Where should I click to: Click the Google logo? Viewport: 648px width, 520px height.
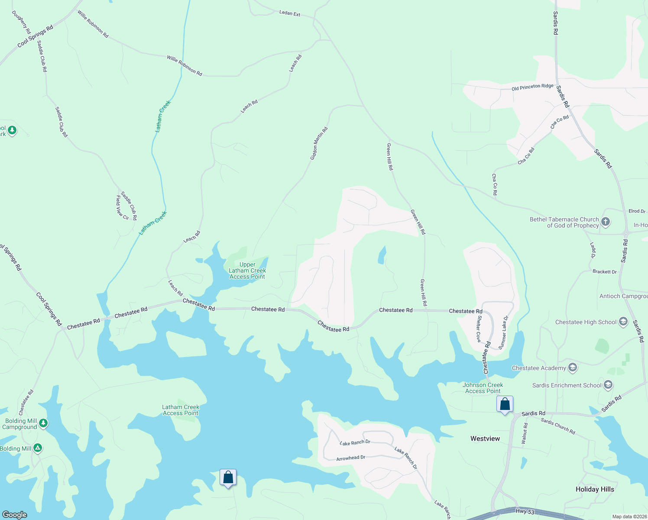click(x=15, y=515)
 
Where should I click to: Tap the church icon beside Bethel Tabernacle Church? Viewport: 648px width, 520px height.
click(x=606, y=222)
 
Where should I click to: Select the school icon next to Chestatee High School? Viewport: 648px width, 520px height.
click(x=623, y=322)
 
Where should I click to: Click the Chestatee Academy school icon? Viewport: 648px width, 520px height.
click(x=572, y=368)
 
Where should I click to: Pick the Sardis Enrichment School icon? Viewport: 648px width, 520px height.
click(x=608, y=385)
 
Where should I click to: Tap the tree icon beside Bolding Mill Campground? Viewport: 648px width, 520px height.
click(x=43, y=423)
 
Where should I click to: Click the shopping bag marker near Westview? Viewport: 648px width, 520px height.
click(x=505, y=404)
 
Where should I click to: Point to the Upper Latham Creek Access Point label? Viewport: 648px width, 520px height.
click(x=247, y=270)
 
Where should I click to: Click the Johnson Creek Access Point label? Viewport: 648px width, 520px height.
click(x=483, y=388)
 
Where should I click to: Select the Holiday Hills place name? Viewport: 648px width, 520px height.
click(x=595, y=489)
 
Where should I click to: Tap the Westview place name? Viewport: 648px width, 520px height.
click(x=485, y=439)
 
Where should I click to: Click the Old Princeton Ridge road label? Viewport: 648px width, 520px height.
click(x=532, y=87)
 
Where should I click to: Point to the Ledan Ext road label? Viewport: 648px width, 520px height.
click(x=290, y=13)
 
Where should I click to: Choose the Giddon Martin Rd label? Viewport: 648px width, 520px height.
click(x=319, y=143)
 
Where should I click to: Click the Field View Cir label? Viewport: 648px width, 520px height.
click(x=121, y=208)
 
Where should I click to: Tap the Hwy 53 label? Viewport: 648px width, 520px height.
click(x=525, y=511)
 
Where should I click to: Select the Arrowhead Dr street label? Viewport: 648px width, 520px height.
click(x=351, y=458)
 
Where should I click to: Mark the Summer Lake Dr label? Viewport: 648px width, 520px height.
click(x=503, y=333)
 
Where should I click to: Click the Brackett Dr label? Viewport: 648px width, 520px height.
click(x=604, y=272)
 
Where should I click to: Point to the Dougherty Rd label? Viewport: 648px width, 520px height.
click(x=21, y=23)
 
